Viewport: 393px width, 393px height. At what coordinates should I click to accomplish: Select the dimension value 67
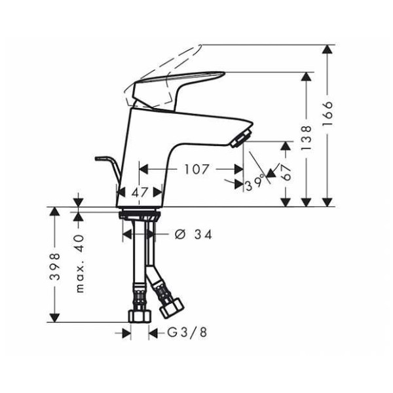click(286, 172)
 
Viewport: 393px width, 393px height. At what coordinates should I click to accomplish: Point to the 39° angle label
click(256, 184)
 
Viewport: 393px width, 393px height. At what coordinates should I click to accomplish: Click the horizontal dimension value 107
click(196, 170)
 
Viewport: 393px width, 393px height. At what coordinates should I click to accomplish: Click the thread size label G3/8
click(187, 333)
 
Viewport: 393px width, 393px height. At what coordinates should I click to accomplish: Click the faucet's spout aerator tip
click(241, 138)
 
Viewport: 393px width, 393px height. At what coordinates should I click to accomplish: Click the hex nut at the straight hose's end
click(140, 316)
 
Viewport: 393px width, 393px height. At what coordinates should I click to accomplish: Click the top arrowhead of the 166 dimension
click(327, 48)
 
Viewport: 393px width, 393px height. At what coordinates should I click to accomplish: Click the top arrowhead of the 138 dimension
click(307, 75)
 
